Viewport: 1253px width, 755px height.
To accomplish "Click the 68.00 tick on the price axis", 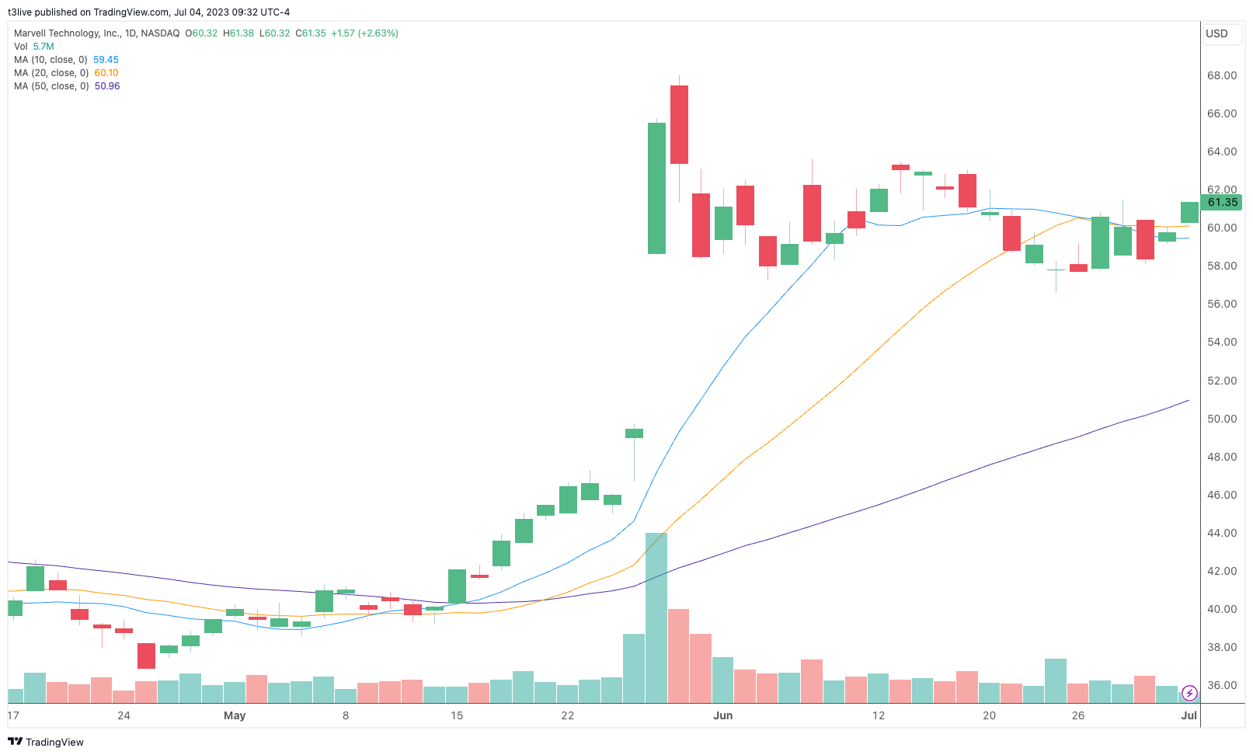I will tap(1221, 75).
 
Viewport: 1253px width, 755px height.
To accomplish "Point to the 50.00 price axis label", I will tap(1221, 419).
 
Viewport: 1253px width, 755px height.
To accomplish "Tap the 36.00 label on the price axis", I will tap(1221, 685).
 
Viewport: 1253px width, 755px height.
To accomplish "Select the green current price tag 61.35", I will tap(1222, 203).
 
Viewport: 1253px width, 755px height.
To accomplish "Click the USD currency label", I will tap(1216, 33).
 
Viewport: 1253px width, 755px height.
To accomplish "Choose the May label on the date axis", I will tap(235, 715).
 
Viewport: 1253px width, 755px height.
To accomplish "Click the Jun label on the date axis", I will tap(723, 715).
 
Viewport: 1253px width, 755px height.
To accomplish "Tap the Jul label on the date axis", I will tap(1189, 715).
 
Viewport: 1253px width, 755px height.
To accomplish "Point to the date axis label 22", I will tap(568, 715).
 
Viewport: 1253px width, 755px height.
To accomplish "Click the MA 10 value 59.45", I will tap(106, 60).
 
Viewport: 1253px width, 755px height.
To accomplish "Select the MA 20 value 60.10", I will tap(106, 73).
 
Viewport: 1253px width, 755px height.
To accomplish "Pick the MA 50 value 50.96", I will tap(107, 86).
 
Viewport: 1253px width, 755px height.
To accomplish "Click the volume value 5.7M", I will tap(44, 47).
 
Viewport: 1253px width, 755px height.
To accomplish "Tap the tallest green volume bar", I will tap(656, 618).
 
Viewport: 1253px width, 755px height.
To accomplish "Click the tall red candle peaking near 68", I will tap(679, 124).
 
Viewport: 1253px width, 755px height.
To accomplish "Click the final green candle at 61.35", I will tap(1189, 212).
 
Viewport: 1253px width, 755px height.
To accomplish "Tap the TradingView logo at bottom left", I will tap(46, 742).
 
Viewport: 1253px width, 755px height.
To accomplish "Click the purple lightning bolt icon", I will tap(1189, 694).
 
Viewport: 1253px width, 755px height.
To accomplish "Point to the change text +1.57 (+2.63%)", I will tap(364, 33).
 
